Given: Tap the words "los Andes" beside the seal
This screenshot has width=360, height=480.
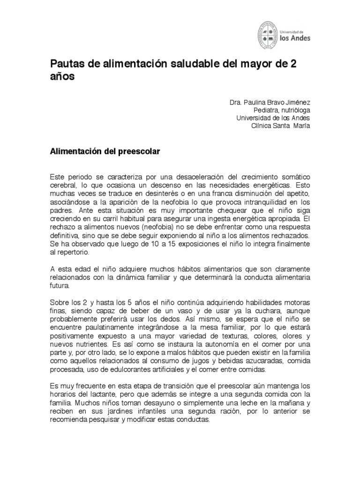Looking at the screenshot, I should pos(294,40).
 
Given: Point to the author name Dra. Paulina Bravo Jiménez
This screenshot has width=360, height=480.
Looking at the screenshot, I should pos(270,102).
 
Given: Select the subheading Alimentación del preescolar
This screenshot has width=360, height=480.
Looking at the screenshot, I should pos(105,152).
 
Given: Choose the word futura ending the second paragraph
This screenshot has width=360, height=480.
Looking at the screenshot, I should pos(60,284).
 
